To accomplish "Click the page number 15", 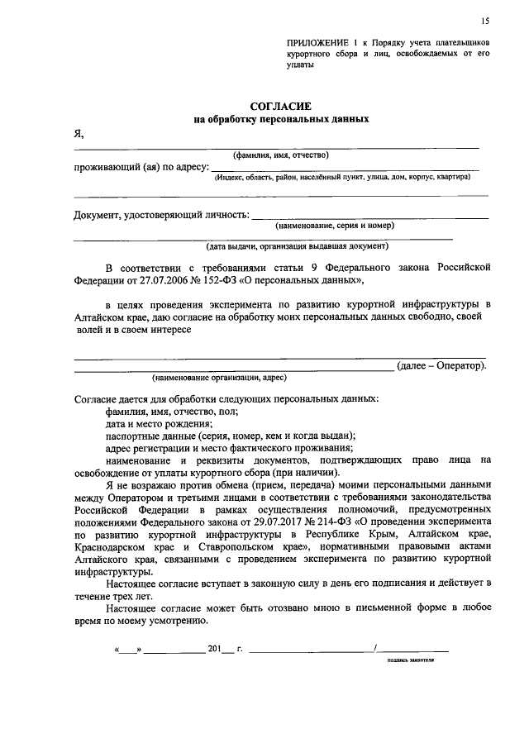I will coord(485,20).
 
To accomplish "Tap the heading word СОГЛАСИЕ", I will coord(280,106).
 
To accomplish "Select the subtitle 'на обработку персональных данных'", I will coord(280,119).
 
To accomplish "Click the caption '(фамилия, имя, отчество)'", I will coord(281,155).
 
